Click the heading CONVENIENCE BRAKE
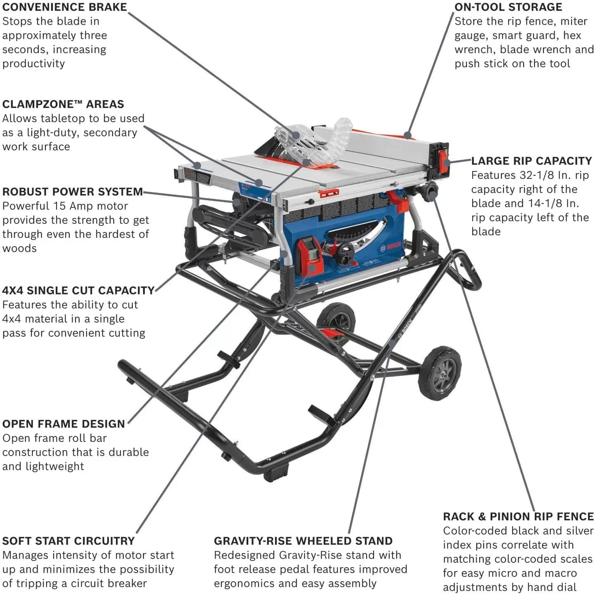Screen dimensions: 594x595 pyautogui.click(x=65, y=7)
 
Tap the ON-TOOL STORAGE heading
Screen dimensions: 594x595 pyautogui.click(x=508, y=7)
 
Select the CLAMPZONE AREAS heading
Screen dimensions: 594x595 pyautogui.click(x=63, y=104)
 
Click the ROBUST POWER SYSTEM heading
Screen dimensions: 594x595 pyautogui.click(x=73, y=192)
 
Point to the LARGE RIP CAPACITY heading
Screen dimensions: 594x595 pyautogui.click(x=532, y=161)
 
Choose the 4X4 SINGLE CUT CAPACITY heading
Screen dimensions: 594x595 pyautogui.click(x=78, y=290)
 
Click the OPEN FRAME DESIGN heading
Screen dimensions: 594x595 pyautogui.click(x=63, y=424)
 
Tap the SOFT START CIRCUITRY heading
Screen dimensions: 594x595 pyautogui.click(x=68, y=541)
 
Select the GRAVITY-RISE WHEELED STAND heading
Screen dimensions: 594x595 pyautogui.click(x=303, y=541)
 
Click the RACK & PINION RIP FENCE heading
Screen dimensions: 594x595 pyautogui.click(x=518, y=517)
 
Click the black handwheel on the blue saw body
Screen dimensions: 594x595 pyautogui.click(x=345, y=255)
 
